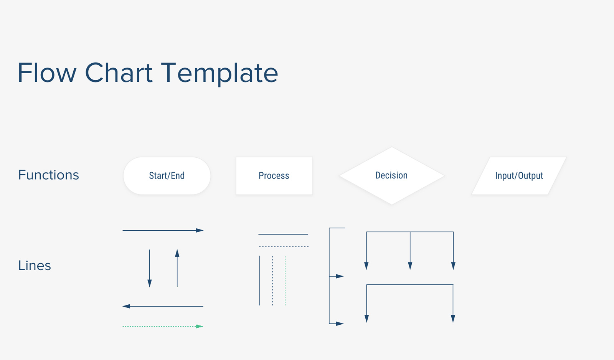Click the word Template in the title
click(x=219, y=73)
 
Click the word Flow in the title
click(x=47, y=73)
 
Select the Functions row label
click(x=49, y=175)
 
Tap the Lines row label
click(x=35, y=266)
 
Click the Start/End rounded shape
click(x=167, y=176)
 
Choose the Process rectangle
click(x=274, y=176)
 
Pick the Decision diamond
click(x=391, y=175)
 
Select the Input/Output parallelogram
click(x=519, y=176)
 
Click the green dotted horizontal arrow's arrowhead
click(x=199, y=327)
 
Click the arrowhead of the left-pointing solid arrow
click(x=126, y=306)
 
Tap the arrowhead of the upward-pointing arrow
click(x=177, y=253)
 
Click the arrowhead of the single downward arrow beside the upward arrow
click(x=150, y=283)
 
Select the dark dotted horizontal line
click(x=284, y=246)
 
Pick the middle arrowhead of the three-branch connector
click(x=410, y=266)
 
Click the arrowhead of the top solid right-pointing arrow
click(x=200, y=230)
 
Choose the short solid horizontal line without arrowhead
click(x=283, y=234)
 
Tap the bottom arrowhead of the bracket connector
click(x=340, y=324)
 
